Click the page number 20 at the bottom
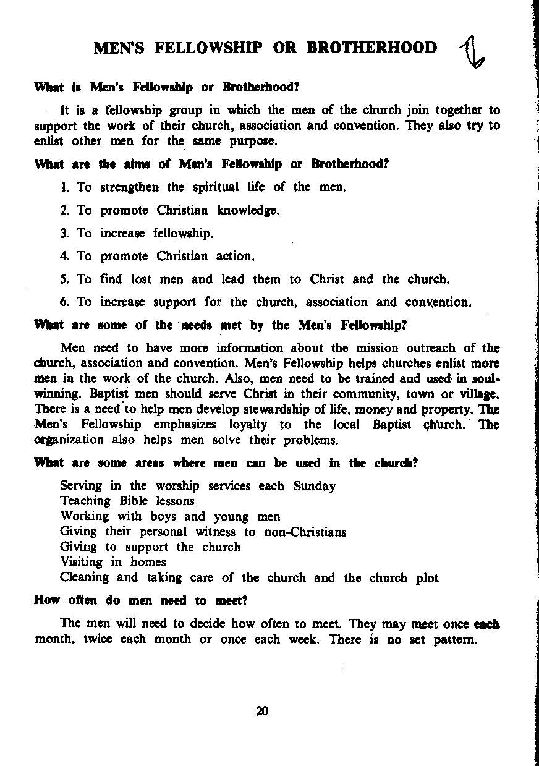tap(262, 711)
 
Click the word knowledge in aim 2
tap(248, 210)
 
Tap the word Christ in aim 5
tap(327, 279)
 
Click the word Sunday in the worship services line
tap(314, 486)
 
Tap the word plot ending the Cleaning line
tap(427, 578)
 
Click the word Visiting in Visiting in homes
tap(82, 562)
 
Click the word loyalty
tap(248, 425)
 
